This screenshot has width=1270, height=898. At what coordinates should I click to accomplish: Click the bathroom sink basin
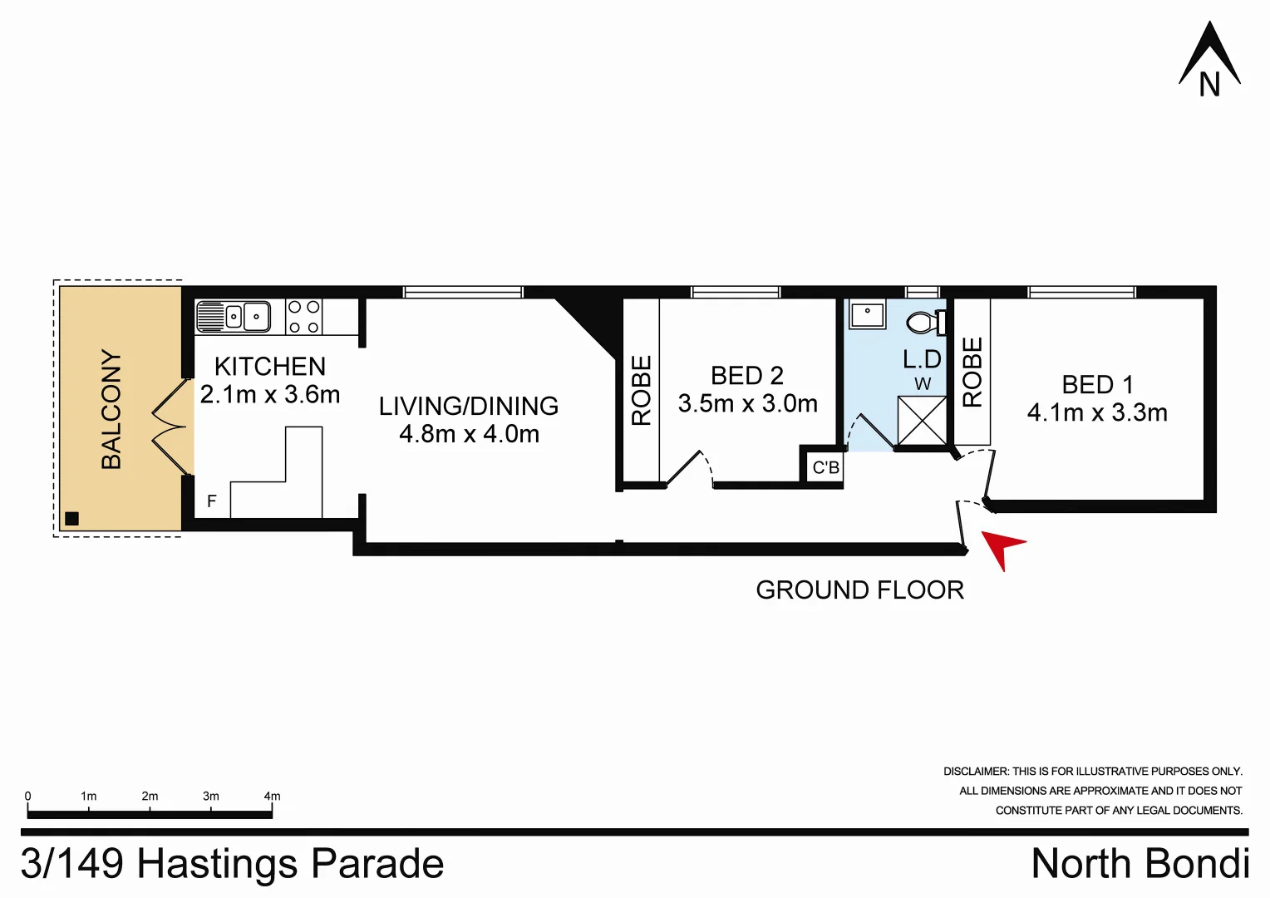(867, 315)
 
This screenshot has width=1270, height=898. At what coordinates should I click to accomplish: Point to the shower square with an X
(922, 421)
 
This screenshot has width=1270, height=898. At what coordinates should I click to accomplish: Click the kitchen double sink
(234, 317)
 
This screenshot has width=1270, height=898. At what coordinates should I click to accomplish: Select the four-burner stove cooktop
(303, 317)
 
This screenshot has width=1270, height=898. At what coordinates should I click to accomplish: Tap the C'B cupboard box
(825, 468)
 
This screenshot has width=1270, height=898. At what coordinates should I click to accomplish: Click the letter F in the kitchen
(212, 501)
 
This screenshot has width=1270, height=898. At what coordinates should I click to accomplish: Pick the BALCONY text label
(111, 409)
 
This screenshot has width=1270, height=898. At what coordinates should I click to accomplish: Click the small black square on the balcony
(71, 519)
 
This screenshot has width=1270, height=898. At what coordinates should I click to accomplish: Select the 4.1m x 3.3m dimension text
(1097, 413)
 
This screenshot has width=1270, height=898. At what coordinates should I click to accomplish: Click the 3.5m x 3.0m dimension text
(747, 404)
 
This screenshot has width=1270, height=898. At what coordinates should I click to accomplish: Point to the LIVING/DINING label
(468, 407)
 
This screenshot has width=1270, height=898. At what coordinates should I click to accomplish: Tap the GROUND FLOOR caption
(859, 590)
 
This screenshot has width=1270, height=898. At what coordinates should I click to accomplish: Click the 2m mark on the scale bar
(150, 797)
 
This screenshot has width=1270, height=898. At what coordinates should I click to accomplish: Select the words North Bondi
(1140, 864)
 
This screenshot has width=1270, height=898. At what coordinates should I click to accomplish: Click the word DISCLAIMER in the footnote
(975, 772)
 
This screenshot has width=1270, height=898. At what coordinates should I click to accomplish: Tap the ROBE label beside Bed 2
(641, 391)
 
